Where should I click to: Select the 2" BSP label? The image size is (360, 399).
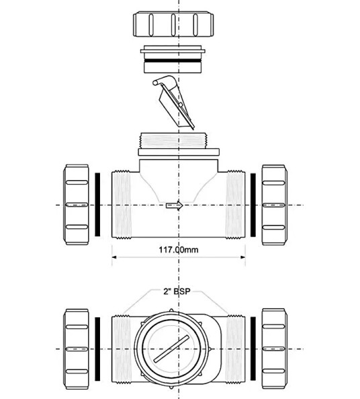pyautogui.click(x=178, y=292)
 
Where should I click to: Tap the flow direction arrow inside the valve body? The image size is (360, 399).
pyautogui.click(x=174, y=206)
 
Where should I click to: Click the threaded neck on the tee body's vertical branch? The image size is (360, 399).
pyautogui.click(x=178, y=142)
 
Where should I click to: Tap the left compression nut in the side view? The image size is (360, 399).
pyautogui.click(x=77, y=205)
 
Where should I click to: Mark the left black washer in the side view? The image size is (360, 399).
pyautogui.click(x=98, y=205)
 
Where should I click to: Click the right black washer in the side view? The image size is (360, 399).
pyautogui.click(x=253, y=205)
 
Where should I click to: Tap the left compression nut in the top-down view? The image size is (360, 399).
pyautogui.click(x=77, y=349)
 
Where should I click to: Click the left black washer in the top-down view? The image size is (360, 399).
pyautogui.click(x=98, y=349)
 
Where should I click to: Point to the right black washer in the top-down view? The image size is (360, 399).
pyautogui.click(x=253, y=349)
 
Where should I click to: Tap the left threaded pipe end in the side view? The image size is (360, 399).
pyautogui.click(x=121, y=205)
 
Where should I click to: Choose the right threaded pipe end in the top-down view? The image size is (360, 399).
pyautogui.click(x=234, y=349)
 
